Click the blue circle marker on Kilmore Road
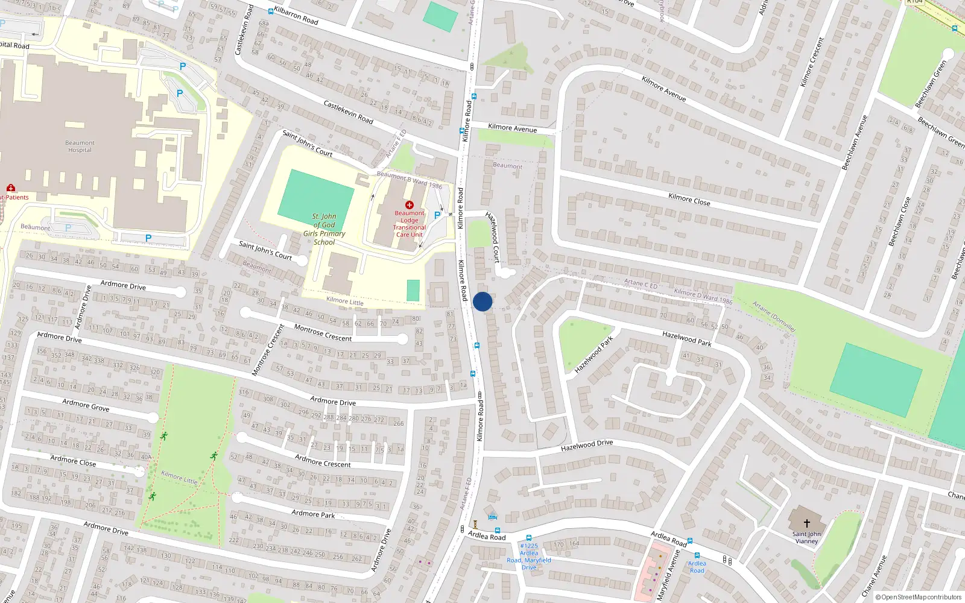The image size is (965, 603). (482, 301)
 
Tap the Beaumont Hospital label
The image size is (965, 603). (80, 147)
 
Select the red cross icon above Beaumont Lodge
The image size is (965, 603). (409, 205)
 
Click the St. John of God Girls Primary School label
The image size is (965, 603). (324, 229)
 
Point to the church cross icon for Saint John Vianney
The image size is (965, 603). (806, 523)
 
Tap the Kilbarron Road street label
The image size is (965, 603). (296, 16)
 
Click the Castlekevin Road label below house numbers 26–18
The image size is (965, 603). (348, 112)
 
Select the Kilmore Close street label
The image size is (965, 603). (689, 200)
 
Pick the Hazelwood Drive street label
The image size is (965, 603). (586, 445)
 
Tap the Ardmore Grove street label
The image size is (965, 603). (86, 405)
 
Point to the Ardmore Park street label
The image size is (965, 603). (312, 514)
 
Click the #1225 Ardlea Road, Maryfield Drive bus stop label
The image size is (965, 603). (528, 557)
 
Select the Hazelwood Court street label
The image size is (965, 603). (493, 237)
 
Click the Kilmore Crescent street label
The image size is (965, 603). (811, 62)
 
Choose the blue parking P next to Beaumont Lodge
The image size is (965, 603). (437, 215)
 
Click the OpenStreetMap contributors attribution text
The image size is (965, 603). (919, 597)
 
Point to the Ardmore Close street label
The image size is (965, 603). (73, 461)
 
